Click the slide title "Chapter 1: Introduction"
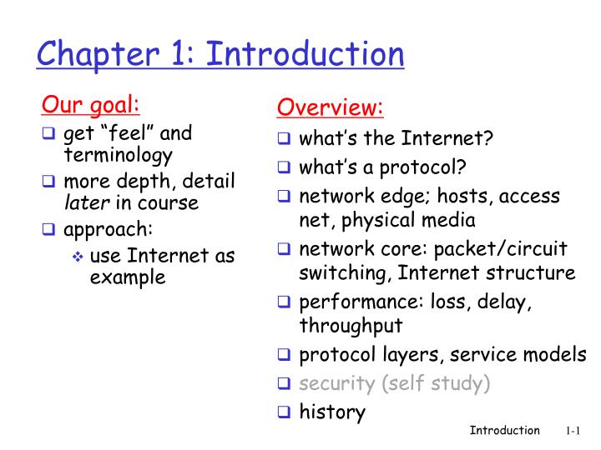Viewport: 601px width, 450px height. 221,55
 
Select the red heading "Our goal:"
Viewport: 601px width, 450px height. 91,106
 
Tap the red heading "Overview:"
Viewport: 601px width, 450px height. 331,107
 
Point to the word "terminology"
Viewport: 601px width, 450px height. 118,154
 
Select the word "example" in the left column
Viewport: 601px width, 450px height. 127,277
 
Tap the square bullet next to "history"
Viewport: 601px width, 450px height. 284,411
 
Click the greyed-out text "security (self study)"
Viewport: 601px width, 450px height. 395,383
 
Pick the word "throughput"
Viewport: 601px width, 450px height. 351,325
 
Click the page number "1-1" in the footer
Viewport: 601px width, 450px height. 572,431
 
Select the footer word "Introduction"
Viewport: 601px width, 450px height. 505,431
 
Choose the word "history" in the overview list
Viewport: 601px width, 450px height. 332,412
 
